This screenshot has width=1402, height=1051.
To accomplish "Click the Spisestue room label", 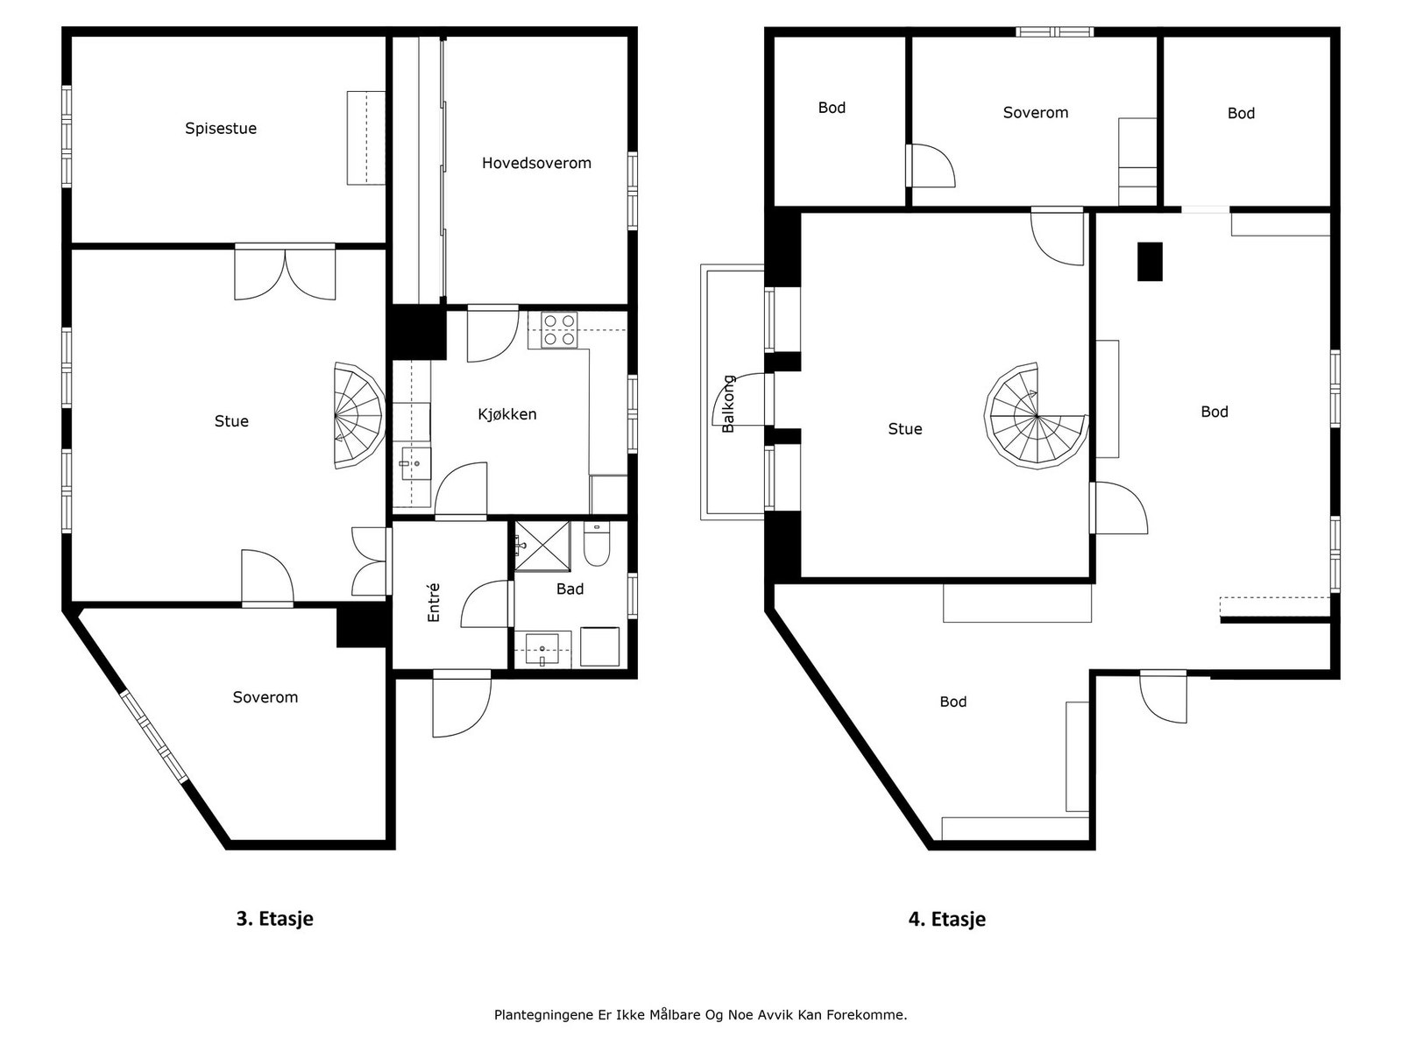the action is [221, 128].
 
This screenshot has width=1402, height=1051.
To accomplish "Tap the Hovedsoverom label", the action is [536, 163].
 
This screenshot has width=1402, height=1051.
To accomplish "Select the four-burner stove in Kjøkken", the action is [559, 330].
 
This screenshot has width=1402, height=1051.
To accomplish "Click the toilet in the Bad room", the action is [597, 544].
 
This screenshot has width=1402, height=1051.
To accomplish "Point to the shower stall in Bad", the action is [542, 547].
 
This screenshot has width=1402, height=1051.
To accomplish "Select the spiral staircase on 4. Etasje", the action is [1036, 416].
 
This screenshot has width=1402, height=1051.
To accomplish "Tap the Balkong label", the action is [728, 404].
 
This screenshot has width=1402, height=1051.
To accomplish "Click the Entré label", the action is [434, 602].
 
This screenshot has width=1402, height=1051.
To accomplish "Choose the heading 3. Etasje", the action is [274, 918].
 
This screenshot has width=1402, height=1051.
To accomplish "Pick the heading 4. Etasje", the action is [946, 919].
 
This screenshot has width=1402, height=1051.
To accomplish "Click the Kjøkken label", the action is [507, 414].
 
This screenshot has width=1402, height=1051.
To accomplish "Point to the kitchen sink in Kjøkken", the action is [416, 462].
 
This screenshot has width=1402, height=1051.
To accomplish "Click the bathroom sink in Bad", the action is [542, 649].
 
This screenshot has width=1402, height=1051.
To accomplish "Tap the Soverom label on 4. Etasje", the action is [1036, 112].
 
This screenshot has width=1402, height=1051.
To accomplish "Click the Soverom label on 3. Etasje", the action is [266, 697].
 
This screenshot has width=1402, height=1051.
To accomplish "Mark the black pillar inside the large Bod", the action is [1150, 262].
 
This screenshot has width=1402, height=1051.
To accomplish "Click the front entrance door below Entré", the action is [462, 703].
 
